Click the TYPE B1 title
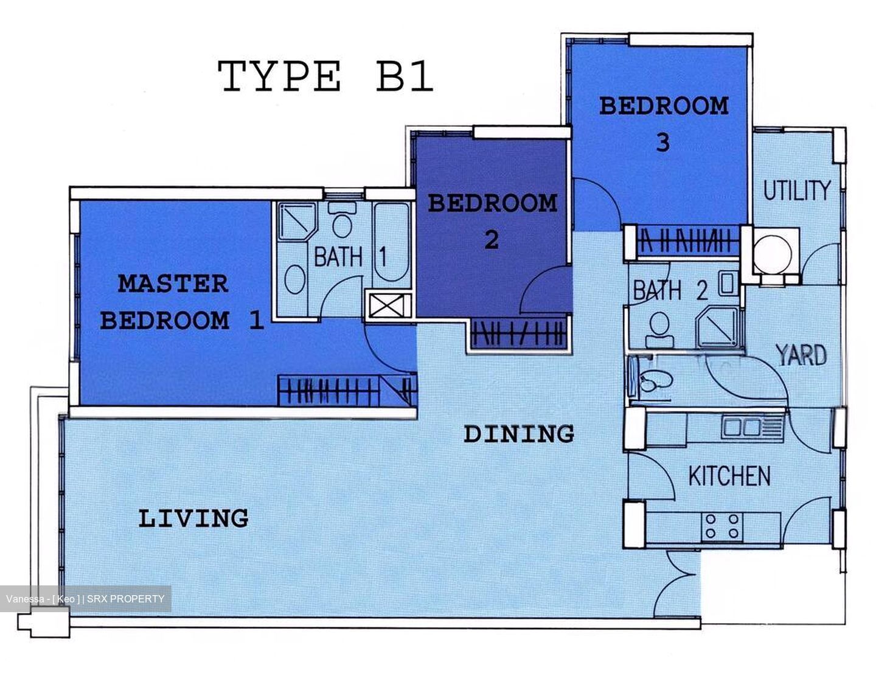325,77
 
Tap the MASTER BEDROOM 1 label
181,302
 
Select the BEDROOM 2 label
492,220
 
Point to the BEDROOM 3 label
663,124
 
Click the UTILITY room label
796,191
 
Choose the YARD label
801,355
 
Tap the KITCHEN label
729,476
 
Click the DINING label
519,434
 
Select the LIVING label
193,518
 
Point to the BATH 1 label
350,257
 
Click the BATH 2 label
670,290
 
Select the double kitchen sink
742,427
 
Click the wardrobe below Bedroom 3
686,242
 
